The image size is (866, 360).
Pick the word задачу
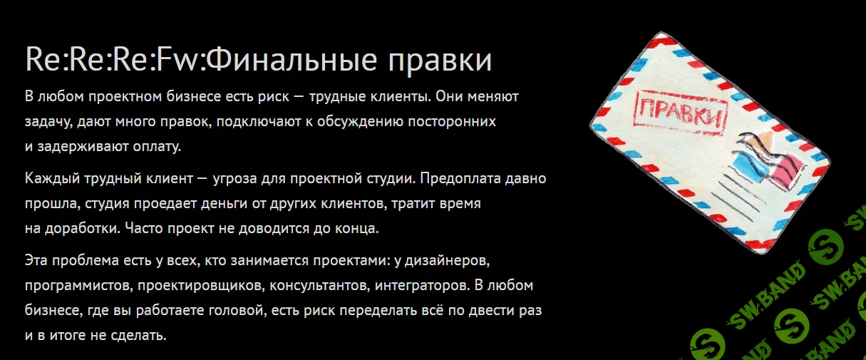pyautogui.click(x=46, y=122)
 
